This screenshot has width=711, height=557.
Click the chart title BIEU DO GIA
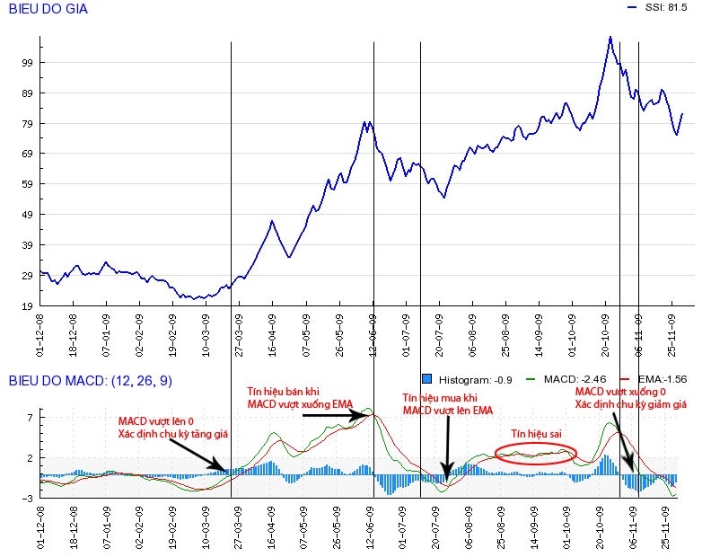[x=48, y=9]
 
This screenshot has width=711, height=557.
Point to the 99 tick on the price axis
[x=27, y=63]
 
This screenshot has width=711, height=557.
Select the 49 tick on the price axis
[x=27, y=215]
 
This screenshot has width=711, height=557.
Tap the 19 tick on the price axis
[x=27, y=306]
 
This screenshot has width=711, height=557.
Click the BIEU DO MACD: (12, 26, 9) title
[x=90, y=381]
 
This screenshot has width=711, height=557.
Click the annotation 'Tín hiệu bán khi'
[x=283, y=392]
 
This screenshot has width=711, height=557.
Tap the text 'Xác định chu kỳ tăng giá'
[x=173, y=434]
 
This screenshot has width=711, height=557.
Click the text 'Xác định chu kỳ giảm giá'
[x=631, y=405]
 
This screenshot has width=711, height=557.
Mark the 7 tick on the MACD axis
[x=30, y=419]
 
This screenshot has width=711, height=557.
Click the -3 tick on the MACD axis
[x=27, y=497]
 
